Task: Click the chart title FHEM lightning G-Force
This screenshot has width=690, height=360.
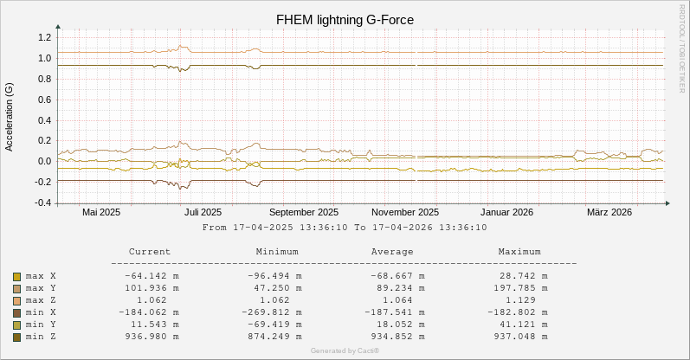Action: pos(345,19)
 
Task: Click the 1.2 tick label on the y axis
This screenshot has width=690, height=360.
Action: pos(44,38)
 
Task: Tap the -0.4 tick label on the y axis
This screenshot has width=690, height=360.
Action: pos(42,203)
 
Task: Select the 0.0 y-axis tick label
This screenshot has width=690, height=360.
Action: pos(44,162)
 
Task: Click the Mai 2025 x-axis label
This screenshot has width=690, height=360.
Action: pos(101,212)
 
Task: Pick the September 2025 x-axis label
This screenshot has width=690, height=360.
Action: pos(303,212)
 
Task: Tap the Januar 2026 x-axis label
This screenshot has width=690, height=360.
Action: pos(506,212)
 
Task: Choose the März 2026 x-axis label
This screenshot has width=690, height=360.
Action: pos(609,212)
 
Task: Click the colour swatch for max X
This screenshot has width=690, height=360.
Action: pos(16,276)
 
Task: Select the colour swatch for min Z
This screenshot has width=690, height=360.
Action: pos(16,337)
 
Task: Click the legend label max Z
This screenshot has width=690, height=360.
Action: pos(41,300)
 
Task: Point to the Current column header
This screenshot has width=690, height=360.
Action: pos(149,252)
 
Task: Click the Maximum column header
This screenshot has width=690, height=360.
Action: pos(519,252)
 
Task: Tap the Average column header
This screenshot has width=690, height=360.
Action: pos(391,252)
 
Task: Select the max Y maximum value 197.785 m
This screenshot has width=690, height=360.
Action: pos(522,288)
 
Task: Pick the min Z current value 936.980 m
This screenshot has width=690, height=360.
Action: pos(152,337)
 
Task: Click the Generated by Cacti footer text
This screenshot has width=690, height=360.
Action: pos(345,350)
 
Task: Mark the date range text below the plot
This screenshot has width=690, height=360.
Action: pos(345,228)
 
